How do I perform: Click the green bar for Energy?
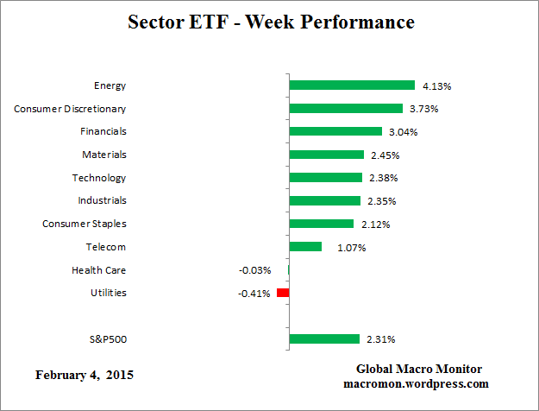pyautogui.click(x=352, y=85)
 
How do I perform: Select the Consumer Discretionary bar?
pyautogui.click(x=346, y=109)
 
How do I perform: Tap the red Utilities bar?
pyautogui.click(x=283, y=293)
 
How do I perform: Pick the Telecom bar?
pyautogui.click(x=305, y=247)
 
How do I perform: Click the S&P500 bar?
pyautogui.click(x=324, y=338)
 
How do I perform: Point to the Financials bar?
pyautogui.click(x=335, y=131)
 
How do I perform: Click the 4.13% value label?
pyautogui.click(x=437, y=86)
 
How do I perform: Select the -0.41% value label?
pyautogui.click(x=256, y=294)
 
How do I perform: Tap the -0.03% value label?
pyautogui.click(x=256, y=270)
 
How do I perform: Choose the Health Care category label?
pyautogui.click(x=99, y=270)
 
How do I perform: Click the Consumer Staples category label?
pyautogui.click(x=85, y=224)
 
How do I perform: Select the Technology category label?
pyautogui.click(x=99, y=178)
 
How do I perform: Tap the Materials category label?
pyautogui.click(x=103, y=155)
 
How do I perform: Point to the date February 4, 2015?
pyautogui.click(x=85, y=376)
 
